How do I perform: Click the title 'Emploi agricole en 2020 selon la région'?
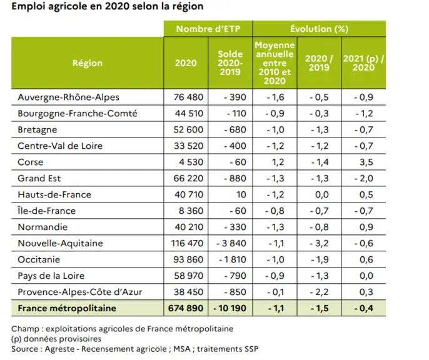point(108,6)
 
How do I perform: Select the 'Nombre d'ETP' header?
point(208,29)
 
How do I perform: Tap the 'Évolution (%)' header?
point(320,29)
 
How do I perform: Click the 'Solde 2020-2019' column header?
point(230,63)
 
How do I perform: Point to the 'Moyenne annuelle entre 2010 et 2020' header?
point(275,63)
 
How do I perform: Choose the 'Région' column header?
point(88,63)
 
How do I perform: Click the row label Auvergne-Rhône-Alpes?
point(68,97)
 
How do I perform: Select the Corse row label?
point(31,162)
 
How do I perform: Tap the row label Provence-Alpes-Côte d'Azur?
point(80,292)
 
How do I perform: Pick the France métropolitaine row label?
point(67,308)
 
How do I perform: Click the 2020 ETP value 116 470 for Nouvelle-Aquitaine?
point(187,243)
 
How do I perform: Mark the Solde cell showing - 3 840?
point(231,243)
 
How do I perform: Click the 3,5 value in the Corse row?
point(366,162)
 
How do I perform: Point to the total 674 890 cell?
point(186,308)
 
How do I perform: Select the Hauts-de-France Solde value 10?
point(241,194)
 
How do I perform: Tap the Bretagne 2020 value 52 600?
point(188,129)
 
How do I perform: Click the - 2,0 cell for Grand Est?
point(363,178)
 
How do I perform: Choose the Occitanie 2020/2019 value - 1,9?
point(320,259)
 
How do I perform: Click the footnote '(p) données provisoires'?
point(56,339)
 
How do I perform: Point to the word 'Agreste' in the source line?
point(59,349)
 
